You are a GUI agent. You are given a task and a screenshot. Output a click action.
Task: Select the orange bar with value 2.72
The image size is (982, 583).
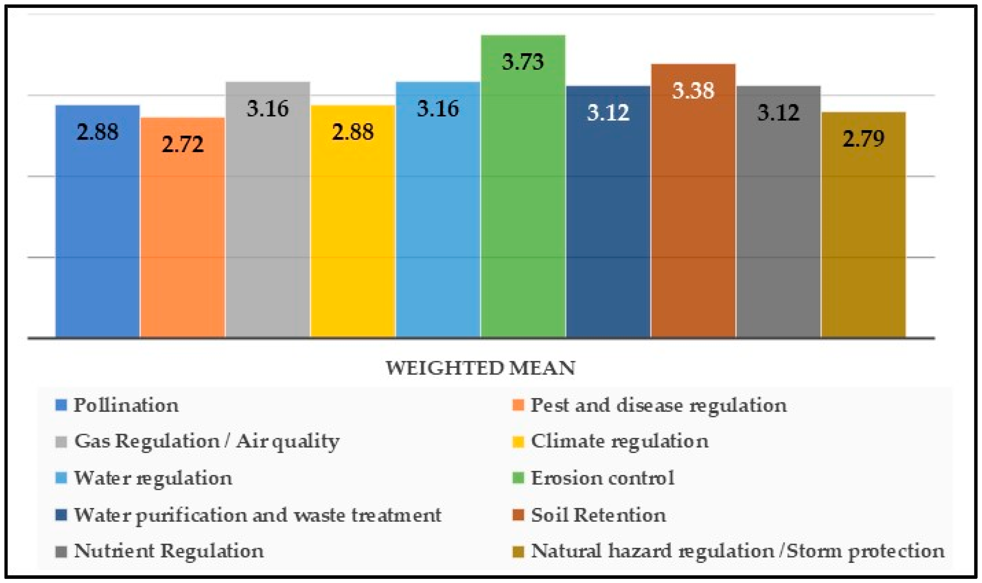pyautogui.click(x=183, y=236)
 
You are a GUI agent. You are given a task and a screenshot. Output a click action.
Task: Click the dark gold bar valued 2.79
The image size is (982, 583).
pyautogui.click(x=864, y=236)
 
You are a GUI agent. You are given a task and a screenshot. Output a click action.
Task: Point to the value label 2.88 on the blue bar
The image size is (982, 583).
pyautogui.click(x=97, y=132)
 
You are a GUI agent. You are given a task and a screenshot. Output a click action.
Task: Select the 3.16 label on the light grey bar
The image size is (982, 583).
pyautogui.click(x=268, y=109)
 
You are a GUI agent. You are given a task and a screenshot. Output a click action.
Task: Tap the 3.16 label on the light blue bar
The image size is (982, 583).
pyautogui.click(x=438, y=109)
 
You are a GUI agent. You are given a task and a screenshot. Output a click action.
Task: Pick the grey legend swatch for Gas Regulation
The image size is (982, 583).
pyautogui.click(x=61, y=442)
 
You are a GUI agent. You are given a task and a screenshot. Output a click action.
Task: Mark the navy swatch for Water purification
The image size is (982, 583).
pyautogui.click(x=61, y=515)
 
